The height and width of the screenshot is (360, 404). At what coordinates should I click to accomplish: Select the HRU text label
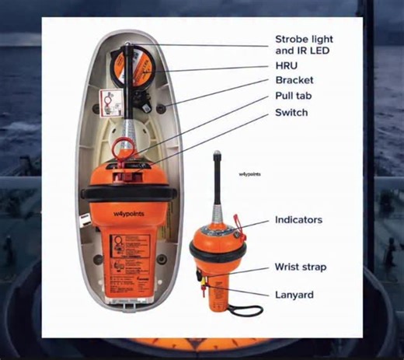coord(287,66)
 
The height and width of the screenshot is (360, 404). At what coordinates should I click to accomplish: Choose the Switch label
coord(292,113)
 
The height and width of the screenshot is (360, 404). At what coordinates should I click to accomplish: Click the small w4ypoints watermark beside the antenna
coord(250,175)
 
